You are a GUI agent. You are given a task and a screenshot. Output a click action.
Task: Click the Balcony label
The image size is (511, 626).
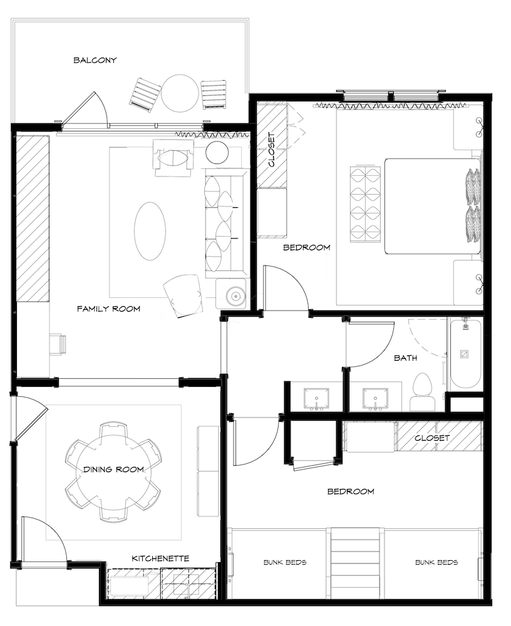[95, 60]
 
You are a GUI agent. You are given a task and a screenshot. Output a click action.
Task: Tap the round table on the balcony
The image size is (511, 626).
[179, 94]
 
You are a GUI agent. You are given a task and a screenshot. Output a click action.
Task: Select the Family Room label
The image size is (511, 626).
[108, 309]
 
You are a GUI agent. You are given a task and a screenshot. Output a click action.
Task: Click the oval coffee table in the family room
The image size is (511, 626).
[150, 231]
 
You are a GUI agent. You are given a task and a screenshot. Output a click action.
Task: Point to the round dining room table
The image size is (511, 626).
[113, 472]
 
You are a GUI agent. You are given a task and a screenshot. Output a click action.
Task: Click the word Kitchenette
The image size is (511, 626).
[160, 558]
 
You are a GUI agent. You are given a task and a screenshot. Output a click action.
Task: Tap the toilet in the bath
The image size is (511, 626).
[422, 392]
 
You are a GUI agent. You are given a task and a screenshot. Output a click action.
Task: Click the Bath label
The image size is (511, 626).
[405, 357]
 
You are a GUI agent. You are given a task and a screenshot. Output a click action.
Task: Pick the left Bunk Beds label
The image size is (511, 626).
[285, 562]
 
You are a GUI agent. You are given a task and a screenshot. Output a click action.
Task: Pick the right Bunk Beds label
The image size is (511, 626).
[436, 562]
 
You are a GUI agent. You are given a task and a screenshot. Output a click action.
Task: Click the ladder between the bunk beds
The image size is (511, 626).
[355, 563]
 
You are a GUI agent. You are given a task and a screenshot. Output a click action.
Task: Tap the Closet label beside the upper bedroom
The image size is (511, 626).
[272, 150]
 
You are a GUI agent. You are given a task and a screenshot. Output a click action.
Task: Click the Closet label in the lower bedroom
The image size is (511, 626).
[432, 438]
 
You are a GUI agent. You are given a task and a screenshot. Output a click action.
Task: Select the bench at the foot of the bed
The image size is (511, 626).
[365, 205]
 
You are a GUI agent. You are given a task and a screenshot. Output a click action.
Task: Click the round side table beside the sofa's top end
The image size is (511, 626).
[217, 152]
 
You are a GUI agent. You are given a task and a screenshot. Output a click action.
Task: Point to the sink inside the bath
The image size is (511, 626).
[375, 399]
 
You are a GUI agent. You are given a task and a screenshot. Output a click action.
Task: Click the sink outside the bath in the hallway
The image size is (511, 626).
[316, 399]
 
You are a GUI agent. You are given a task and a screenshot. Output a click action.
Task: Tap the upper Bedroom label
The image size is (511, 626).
[306, 247]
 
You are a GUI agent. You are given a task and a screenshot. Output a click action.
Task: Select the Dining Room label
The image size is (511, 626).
[113, 469]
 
